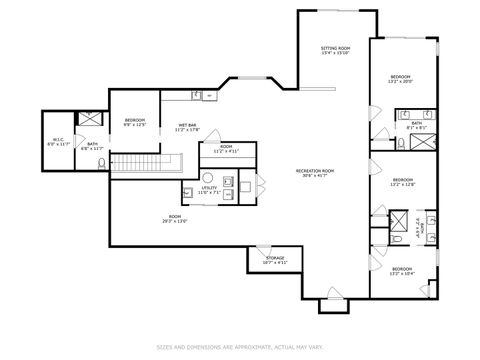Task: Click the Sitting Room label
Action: click(335, 50)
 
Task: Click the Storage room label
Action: click(275, 260)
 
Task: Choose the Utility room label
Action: click(209, 189)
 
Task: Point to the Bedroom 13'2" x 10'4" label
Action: click(403, 271)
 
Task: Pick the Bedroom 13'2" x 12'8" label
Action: click(403, 183)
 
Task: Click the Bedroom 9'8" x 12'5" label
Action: click(135, 123)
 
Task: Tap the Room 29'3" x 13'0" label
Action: click(175, 222)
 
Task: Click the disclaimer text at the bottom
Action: click(240, 348)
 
